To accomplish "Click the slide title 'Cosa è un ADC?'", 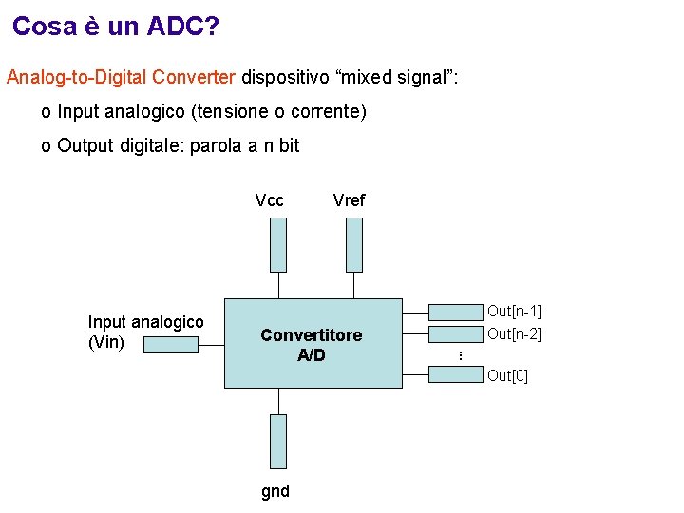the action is (x=116, y=27).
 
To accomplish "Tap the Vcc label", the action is (x=270, y=200).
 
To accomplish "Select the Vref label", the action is (x=349, y=200).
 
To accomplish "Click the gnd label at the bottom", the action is (x=275, y=491).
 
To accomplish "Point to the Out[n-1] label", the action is (x=514, y=312).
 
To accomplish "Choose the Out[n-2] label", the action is (x=514, y=333).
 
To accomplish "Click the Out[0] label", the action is (x=507, y=375).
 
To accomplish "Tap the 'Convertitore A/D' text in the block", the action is (x=311, y=345).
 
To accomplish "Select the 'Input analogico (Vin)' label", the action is (x=145, y=332).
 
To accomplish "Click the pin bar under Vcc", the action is (x=277, y=245).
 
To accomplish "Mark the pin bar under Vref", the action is (x=353, y=245).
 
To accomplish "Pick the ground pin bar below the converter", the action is (x=277, y=442).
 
